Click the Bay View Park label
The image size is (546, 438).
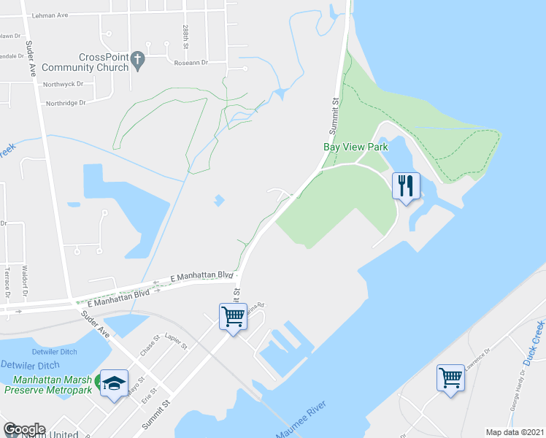click(x=355, y=147)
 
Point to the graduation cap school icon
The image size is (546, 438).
click(x=115, y=385)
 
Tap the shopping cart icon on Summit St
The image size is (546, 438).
click(x=233, y=317)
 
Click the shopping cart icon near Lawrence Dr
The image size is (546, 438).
click(x=450, y=377)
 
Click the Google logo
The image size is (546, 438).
click(x=23, y=429)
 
